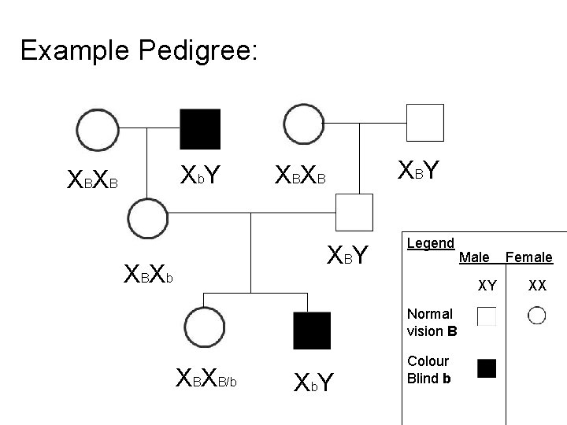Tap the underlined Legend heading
pyautogui.click(x=430, y=243)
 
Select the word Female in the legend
pyautogui.click(x=528, y=257)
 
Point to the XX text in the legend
pyautogui.click(x=537, y=286)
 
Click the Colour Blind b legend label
pyautogui.click(x=428, y=368)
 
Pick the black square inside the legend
pyautogui.click(x=487, y=368)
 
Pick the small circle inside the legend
pyautogui.click(x=537, y=316)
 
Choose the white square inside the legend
pyautogui.click(x=487, y=316)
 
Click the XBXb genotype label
pyautogui.click(x=149, y=276)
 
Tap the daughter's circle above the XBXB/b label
pyautogui.click(x=202, y=329)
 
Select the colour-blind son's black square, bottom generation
pyautogui.click(x=312, y=330)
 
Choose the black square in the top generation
pyautogui.click(x=200, y=128)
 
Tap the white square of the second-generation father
pyautogui.click(x=354, y=213)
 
